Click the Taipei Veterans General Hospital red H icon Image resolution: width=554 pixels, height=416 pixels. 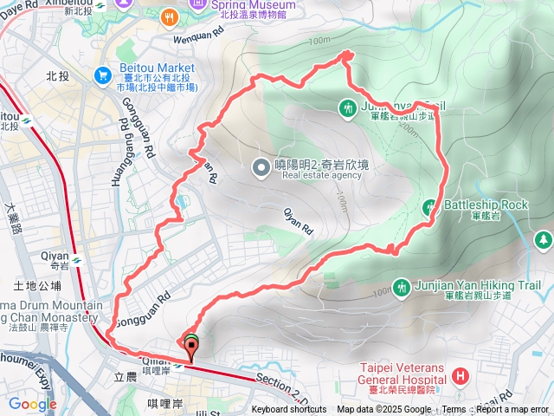pyautogui.click(x=460, y=375)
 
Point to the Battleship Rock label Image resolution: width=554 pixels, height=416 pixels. pyautogui.click(x=485, y=205)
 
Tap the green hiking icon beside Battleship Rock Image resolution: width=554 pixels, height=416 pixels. pyautogui.click(x=428, y=207)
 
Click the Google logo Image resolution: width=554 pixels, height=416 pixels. pyautogui.click(x=32, y=404)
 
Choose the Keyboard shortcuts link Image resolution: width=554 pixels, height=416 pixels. pyautogui.click(x=289, y=410)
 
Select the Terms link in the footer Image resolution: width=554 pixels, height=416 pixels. pyautogui.click(x=454, y=410)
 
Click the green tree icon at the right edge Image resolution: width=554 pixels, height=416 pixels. pyautogui.click(x=544, y=238)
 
